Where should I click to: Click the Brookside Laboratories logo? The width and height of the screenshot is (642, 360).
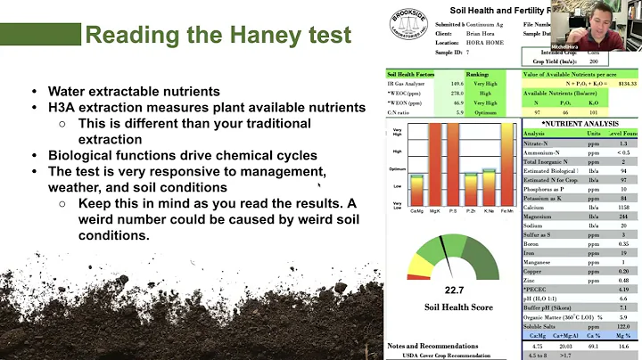click(x=410, y=29)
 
